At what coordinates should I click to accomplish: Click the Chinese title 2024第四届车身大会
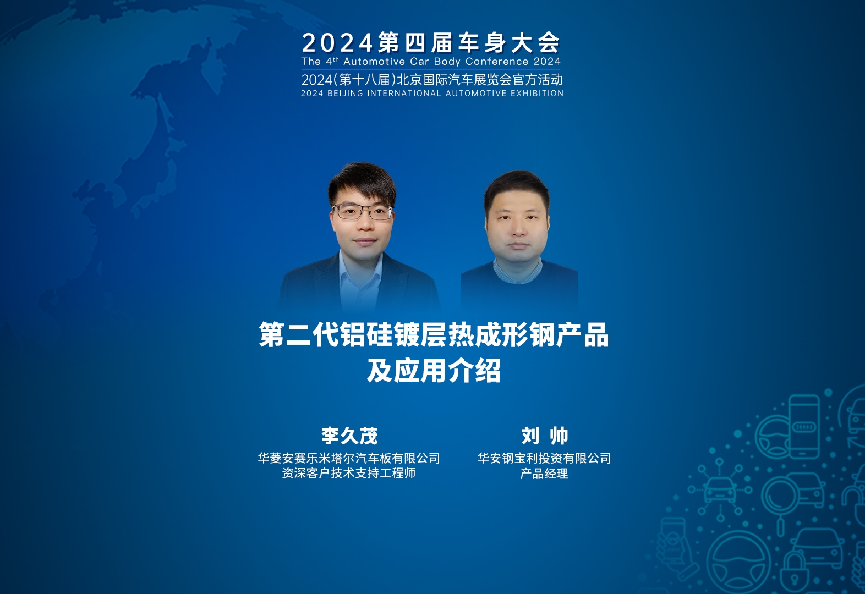pyautogui.click(x=430, y=42)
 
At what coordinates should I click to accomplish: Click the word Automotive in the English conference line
pyautogui.click(x=374, y=62)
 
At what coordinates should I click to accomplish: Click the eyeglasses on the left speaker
pyautogui.click(x=362, y=212)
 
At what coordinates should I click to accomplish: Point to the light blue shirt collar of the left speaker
pyautogui.click(x=360, y=270)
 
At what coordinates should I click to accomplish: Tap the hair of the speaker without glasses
pyautogui.click(x=517, y=189)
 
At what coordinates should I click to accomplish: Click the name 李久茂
pyautogui.click(x=349, y=436)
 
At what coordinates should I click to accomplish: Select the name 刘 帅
pyautogui.click(x=545, y=436)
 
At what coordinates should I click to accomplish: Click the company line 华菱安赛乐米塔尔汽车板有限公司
pyautogui.click(x=349, y=458)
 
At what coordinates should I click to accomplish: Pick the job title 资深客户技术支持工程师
pyautogui.click(x=349, y=473)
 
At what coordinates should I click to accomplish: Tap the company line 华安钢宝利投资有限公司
pyautogui.click(x=544, y=458)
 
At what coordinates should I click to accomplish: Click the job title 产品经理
pyautogui.click(x=544, y=474)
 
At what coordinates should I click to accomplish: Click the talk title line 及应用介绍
pyautogui.click(x=434, y=371)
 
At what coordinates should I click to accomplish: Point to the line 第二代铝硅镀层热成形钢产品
pyautogui.click(x=434, y=334)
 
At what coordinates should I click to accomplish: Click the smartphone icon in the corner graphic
pyautogui.click(x=804, y=426)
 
